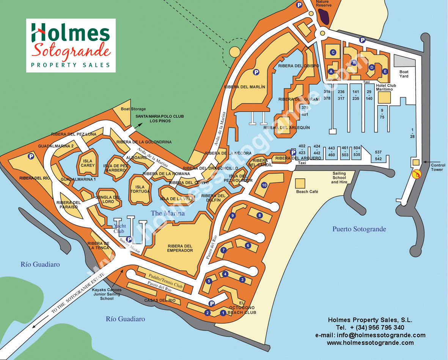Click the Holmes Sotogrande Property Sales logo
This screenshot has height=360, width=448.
click(71, 45)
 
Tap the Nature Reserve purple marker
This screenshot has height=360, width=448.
click(324, 16)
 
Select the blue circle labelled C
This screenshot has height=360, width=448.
click(333, 52)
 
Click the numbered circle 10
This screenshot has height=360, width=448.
click(264, 185)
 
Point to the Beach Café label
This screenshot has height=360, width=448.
click(307, 192)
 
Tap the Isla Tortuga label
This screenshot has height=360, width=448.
click(140, 189)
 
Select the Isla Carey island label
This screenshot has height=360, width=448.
click(88, 163)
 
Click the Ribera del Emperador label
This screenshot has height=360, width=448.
click(180, 248)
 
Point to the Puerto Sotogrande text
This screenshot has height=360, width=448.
click(359, 229)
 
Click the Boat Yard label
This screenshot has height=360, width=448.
click(404, 74)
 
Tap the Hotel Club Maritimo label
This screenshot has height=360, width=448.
click(386, 88)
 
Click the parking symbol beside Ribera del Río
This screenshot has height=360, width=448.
click(30, 156)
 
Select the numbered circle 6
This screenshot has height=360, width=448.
click(248, 245)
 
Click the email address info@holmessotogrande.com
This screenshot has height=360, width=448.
click(370, 335)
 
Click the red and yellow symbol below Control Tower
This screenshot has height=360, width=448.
click(417, 174)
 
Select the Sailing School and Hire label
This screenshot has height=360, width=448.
click(339, 177)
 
